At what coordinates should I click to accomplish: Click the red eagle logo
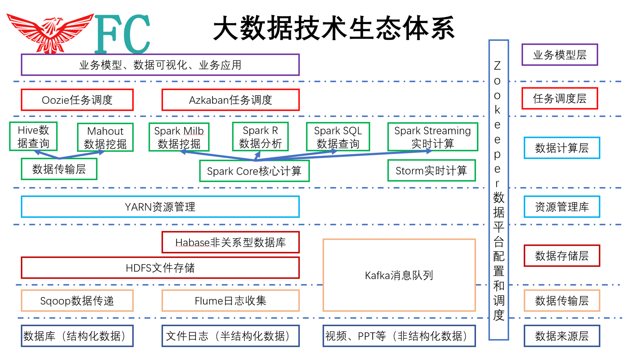50,33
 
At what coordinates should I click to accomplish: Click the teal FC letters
122,34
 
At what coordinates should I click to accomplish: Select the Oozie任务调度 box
77,100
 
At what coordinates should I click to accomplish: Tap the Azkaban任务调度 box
230,100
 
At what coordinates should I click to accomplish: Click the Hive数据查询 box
33,136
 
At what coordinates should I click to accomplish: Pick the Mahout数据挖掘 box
105,137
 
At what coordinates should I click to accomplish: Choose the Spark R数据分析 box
260,137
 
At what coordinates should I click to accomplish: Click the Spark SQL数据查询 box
338,137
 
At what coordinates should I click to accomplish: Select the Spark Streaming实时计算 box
433,137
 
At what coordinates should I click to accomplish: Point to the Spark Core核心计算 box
254,171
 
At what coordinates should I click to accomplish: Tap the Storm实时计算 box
432,171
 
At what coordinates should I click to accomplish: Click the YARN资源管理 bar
160,207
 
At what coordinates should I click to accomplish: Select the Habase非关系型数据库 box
230,242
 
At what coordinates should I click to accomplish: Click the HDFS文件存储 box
160,268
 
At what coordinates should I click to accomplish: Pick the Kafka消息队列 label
399,275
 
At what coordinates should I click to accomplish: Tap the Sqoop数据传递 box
77,301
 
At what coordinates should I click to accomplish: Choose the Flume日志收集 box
230,301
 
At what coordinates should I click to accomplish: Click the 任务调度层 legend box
560,98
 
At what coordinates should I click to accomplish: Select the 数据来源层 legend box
562,336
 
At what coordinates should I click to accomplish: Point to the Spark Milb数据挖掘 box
179,137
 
